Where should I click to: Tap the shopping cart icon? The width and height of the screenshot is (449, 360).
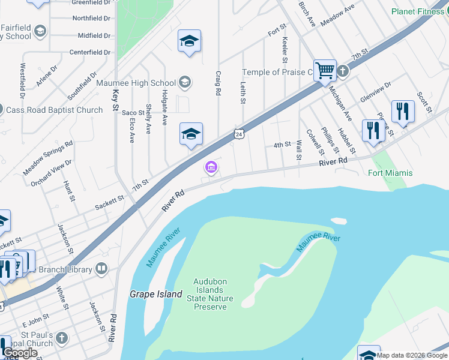coord(325,70)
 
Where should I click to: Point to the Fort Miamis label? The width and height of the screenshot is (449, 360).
coord(390,173)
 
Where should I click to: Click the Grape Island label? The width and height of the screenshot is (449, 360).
coord(156,295)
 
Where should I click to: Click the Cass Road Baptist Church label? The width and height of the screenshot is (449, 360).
coord(55,110)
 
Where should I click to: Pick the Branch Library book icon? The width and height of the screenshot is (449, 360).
coord(101,268)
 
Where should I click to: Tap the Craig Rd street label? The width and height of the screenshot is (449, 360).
coord(218,83)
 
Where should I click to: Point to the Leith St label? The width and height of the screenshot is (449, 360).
coord(243,92)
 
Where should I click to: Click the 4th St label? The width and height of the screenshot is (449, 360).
coord(282,145)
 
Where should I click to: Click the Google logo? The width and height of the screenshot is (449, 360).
coord(20,353)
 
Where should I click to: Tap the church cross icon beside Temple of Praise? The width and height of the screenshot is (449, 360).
coord(343,71)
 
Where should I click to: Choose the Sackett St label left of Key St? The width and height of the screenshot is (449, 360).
coord(110,203)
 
